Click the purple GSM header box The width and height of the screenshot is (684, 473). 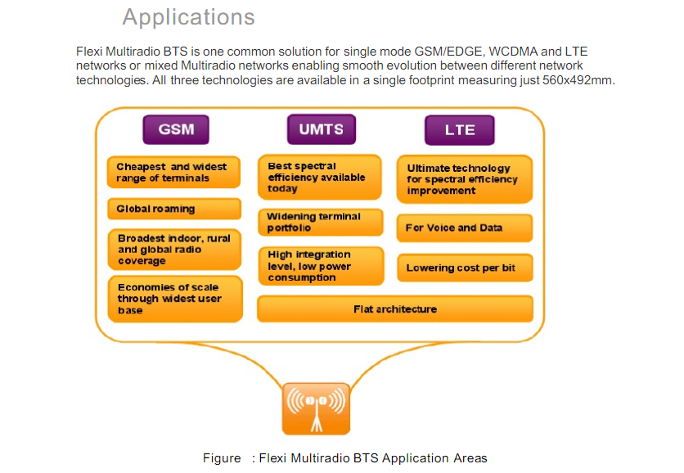click(x=176, y=129)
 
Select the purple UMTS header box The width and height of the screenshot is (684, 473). click(x=321, y=129)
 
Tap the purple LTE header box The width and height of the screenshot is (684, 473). click(x=460, y=130)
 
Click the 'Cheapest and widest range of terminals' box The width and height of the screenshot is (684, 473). click(x=173, y=173)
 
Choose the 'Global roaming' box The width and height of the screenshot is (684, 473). click(x=173, y=209)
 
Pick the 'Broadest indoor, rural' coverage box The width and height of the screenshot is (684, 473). click(x=173, y=250)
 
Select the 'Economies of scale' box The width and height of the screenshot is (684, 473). click(x=173, y=299)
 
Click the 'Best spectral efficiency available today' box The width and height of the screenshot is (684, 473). click(x=319, y=178)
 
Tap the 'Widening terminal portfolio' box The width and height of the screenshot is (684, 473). click(x=319, y=223)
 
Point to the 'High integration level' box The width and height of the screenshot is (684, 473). click(x=319, y=266)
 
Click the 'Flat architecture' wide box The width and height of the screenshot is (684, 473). click(x=395, y=309)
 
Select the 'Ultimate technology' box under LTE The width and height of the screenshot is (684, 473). click(x=464, y=179)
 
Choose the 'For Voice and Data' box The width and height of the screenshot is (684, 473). click(x=464, y=228)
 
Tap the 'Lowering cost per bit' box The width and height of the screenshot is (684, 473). click(x=464, y=268)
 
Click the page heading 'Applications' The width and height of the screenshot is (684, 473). click(x=188, y=17)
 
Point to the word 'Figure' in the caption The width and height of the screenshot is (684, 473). click(x=222, y=458)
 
